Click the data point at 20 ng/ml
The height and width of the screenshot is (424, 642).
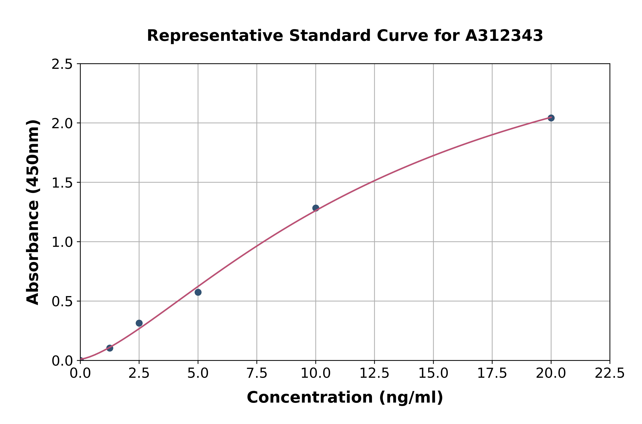pyautogui.click(x=551, y=118)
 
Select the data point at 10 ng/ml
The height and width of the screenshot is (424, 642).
pyautogui.click(x=316, y=208)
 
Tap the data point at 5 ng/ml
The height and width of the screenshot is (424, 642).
pyautogui.click(x=198, y=292)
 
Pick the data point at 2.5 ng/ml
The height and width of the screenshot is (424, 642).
pyautogui.click(x=139, y=323)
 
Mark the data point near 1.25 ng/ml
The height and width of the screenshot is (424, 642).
pyautogui.click(x=110, y=348)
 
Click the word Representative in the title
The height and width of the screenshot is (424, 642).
pyautogui.click(x=215, y=36)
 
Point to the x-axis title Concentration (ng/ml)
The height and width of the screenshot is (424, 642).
pyautogui.click(x=345, y=397)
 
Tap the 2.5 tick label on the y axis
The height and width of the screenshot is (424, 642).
pyautogui.click(x=62, y=64)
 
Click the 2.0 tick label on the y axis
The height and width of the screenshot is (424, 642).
pyautogui.click(x=62, y=124)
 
